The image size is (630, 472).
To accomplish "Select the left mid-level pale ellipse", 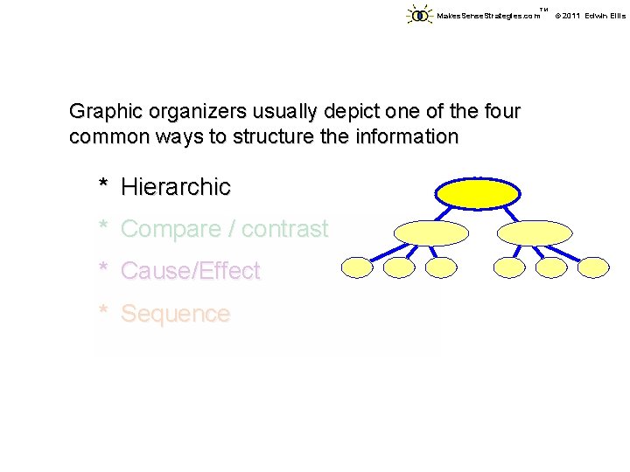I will click(431, 233).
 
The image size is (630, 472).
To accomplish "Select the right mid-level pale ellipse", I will click(535, 233).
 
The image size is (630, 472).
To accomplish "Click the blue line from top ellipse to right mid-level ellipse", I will click(509, 213).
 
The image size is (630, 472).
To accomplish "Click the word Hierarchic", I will click(176, 186).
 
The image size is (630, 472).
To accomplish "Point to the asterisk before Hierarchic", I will click(103, 185).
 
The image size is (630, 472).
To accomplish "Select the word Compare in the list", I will click(171, 229).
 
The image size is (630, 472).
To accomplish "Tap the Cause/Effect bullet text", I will click(190, 271).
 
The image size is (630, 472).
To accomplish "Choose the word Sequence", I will click(175, 314).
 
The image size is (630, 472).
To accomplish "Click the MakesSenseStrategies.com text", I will click(488, 16).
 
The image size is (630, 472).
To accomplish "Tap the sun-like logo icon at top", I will click(420, 15).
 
